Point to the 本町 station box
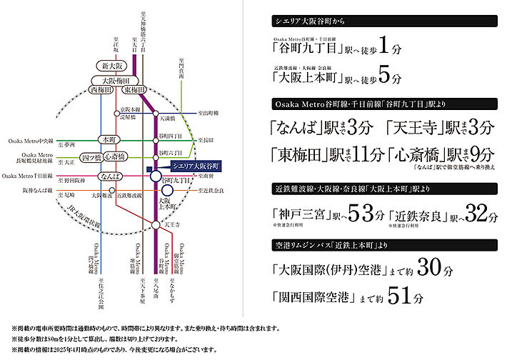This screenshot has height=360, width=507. tap(109, 139)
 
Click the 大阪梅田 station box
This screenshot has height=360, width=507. tap(119, 79)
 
